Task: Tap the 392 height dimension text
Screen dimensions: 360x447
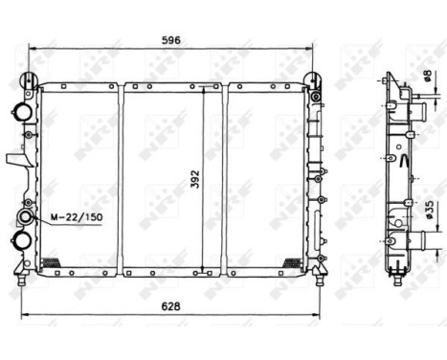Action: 194,176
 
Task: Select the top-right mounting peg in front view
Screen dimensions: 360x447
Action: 312,79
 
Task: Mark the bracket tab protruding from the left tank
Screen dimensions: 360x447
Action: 12,158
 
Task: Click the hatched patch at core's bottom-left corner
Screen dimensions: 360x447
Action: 54,262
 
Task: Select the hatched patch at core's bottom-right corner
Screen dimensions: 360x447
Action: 292,261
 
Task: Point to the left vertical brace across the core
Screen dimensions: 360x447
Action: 121,177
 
